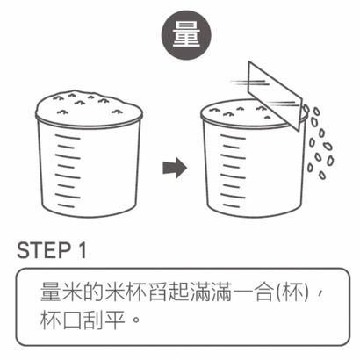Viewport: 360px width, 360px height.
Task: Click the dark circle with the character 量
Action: tap(180, 35)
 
